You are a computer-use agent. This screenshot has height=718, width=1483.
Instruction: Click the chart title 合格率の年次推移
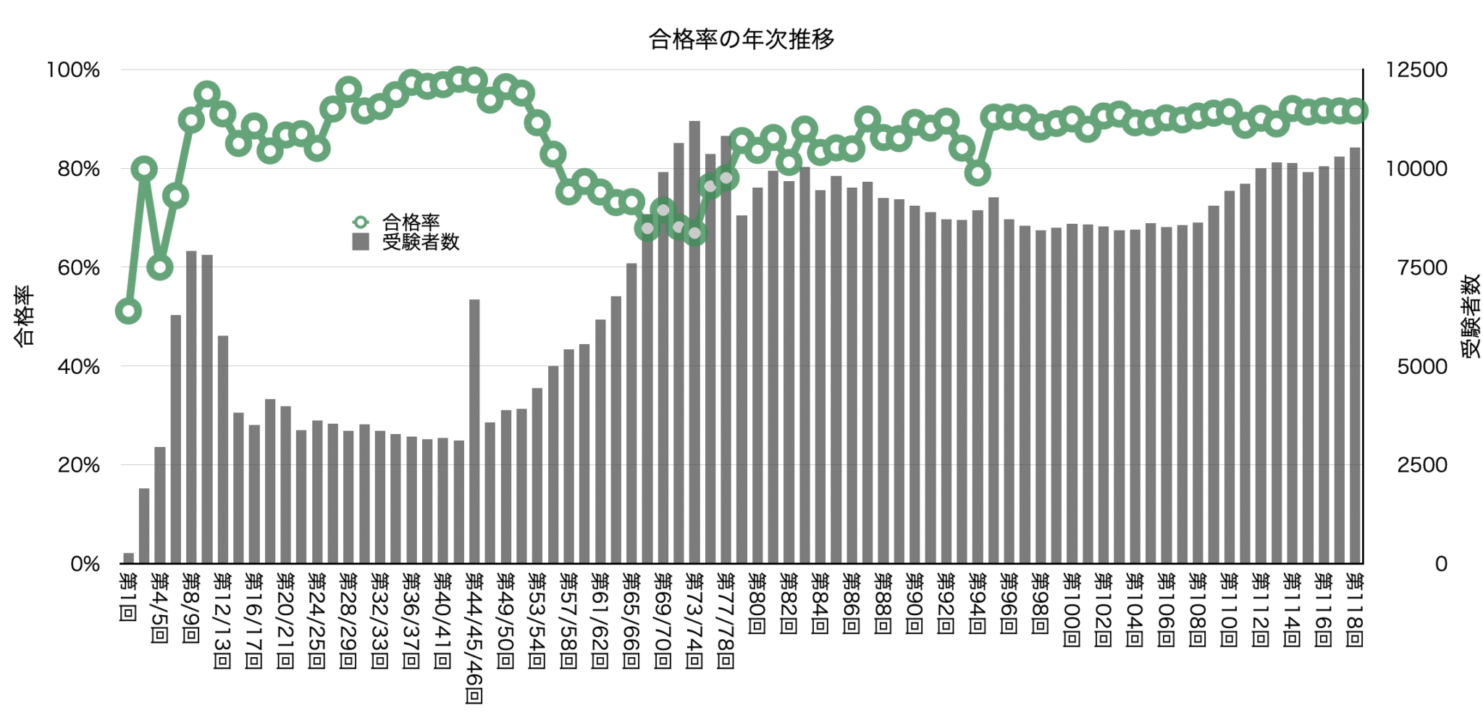coord(741,38)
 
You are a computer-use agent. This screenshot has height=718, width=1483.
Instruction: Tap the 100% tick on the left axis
coord(73,70)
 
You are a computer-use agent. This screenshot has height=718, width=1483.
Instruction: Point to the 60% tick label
coord(78,268)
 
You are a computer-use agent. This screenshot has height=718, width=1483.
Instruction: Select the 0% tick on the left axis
coord(85,564)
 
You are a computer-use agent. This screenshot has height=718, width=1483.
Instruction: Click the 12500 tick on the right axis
coord(1416,70)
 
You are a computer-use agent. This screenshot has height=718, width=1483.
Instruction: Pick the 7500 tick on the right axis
coord(1421,268)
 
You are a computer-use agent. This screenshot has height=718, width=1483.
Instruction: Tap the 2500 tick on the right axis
coord(1421,465)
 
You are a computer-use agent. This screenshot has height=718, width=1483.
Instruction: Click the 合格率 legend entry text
coord(411,222)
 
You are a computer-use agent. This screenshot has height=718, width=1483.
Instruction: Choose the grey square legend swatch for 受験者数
coord(361,242)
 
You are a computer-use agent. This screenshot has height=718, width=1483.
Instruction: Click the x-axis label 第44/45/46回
coord(474,638)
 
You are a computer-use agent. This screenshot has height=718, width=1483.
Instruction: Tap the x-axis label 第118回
coord(1355,609)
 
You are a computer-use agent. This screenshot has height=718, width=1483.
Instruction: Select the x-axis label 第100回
coord(1072,609)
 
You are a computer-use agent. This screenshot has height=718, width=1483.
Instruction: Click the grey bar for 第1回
coord(128,559)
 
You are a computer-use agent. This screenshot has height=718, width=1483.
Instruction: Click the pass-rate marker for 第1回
coord(128,312)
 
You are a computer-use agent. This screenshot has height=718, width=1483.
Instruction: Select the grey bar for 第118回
coord(1355,355)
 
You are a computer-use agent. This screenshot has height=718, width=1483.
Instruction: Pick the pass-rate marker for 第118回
coord(1356,111)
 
